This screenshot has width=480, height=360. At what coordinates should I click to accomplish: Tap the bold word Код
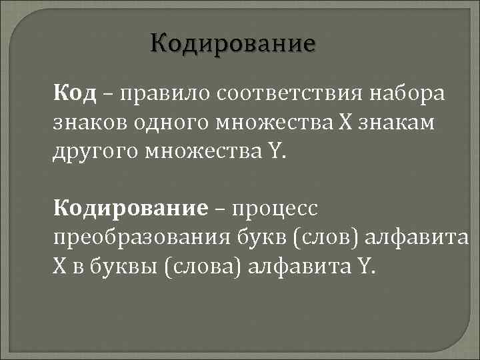coord(75,94)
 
